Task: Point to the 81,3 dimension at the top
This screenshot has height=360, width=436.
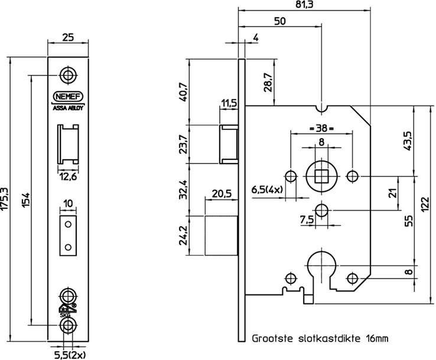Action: [305, 5]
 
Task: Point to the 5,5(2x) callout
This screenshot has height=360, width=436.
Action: [67, 354]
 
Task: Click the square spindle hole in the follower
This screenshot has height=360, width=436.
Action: [322, 175]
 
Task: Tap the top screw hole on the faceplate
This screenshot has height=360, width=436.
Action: [68, 75]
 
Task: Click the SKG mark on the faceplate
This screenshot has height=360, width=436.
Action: [66, 315]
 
